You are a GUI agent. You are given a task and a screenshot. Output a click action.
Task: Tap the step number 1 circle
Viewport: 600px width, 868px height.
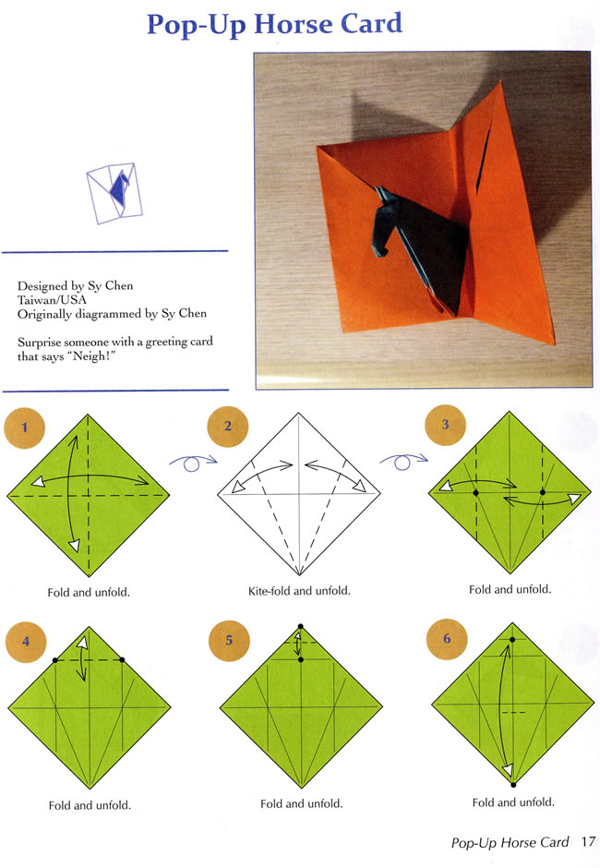point(24,428)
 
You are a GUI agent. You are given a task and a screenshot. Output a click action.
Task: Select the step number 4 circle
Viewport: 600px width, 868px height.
point(26,642)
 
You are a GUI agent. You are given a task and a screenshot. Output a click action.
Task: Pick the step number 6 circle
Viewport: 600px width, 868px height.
point(447,639)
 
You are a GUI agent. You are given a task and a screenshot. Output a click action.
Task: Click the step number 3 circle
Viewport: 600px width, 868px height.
point(445,425)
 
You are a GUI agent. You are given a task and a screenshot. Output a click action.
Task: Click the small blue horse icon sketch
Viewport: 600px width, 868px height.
point(120,187)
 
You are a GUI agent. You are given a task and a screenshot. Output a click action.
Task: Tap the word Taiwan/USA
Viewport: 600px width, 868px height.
point(52,299)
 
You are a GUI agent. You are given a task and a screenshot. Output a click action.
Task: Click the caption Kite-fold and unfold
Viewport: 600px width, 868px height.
point(299,591)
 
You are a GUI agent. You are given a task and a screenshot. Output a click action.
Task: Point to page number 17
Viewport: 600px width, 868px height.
point(588,842)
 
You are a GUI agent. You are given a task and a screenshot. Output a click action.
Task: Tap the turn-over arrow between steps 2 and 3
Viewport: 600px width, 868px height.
point(403,461)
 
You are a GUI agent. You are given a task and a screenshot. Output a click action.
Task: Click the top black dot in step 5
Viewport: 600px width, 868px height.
point(301,626)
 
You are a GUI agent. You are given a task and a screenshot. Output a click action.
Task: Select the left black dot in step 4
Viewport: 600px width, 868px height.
point(55,660)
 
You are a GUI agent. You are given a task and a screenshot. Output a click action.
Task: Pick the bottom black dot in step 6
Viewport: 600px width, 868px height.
point(513,784)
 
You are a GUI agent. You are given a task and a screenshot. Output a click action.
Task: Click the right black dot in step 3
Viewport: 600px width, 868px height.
point(543,492)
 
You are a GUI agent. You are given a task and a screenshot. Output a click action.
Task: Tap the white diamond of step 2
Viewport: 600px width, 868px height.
point(299,494)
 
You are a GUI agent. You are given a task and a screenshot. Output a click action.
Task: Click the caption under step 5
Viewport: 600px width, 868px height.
point(301,803)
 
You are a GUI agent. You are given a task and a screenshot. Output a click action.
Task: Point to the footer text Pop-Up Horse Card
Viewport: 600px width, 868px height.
point(510,842)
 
